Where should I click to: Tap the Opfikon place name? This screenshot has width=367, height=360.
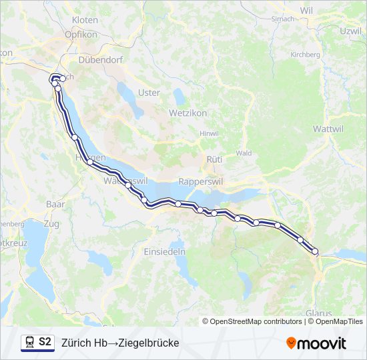(x=81, y=34)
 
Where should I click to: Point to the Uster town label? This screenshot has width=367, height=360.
(x=148, y=93)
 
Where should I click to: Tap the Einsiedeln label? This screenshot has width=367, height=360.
(x=164, y=251)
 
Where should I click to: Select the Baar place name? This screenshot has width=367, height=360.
(x=55, y=203)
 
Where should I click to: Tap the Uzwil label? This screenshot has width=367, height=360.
(x=350, y=31)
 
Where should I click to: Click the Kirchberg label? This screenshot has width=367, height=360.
(x=306, y=55)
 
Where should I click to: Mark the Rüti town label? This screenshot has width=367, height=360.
(x=214, y=159)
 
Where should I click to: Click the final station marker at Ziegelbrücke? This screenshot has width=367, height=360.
(x=315, y=251)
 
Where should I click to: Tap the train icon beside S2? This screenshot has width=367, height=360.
(x=29, y=342)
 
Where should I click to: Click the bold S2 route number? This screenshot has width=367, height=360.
(x=45, y=342)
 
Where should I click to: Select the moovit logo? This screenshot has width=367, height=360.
(x=316, y=343)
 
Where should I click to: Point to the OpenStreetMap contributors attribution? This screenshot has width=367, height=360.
(x=256, y=321)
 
